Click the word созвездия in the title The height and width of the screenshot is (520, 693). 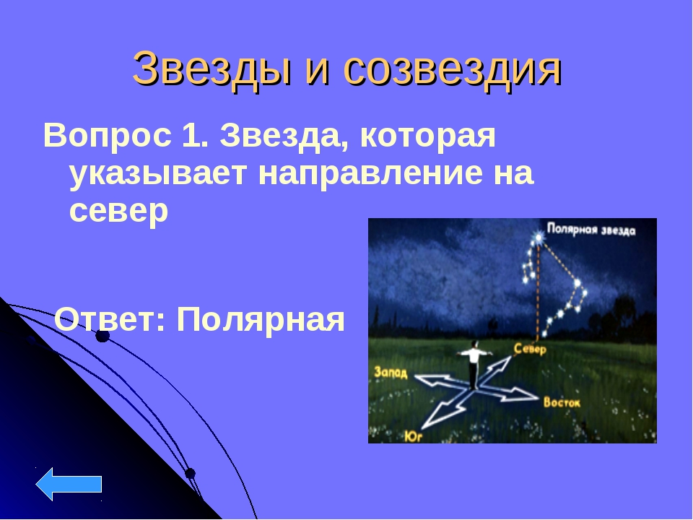point(452,69)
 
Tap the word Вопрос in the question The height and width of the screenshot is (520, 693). point(108,136)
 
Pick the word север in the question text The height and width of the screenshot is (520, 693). point(119,212)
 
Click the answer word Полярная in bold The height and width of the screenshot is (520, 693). point(261,320)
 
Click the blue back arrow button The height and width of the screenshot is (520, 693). point(69,484)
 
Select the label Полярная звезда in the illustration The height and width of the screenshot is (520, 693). point(591,230)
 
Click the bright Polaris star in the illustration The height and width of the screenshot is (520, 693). point(539,238)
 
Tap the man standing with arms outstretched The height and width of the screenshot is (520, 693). point(474,364)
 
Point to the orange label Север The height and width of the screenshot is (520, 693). point(530,350)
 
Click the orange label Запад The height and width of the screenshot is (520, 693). point(391,373)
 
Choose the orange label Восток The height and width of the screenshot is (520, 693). point(562,402)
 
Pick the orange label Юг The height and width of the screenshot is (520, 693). point(414,436)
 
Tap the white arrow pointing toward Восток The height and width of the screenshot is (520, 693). point(508,393)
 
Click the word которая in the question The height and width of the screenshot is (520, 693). point(428,136)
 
